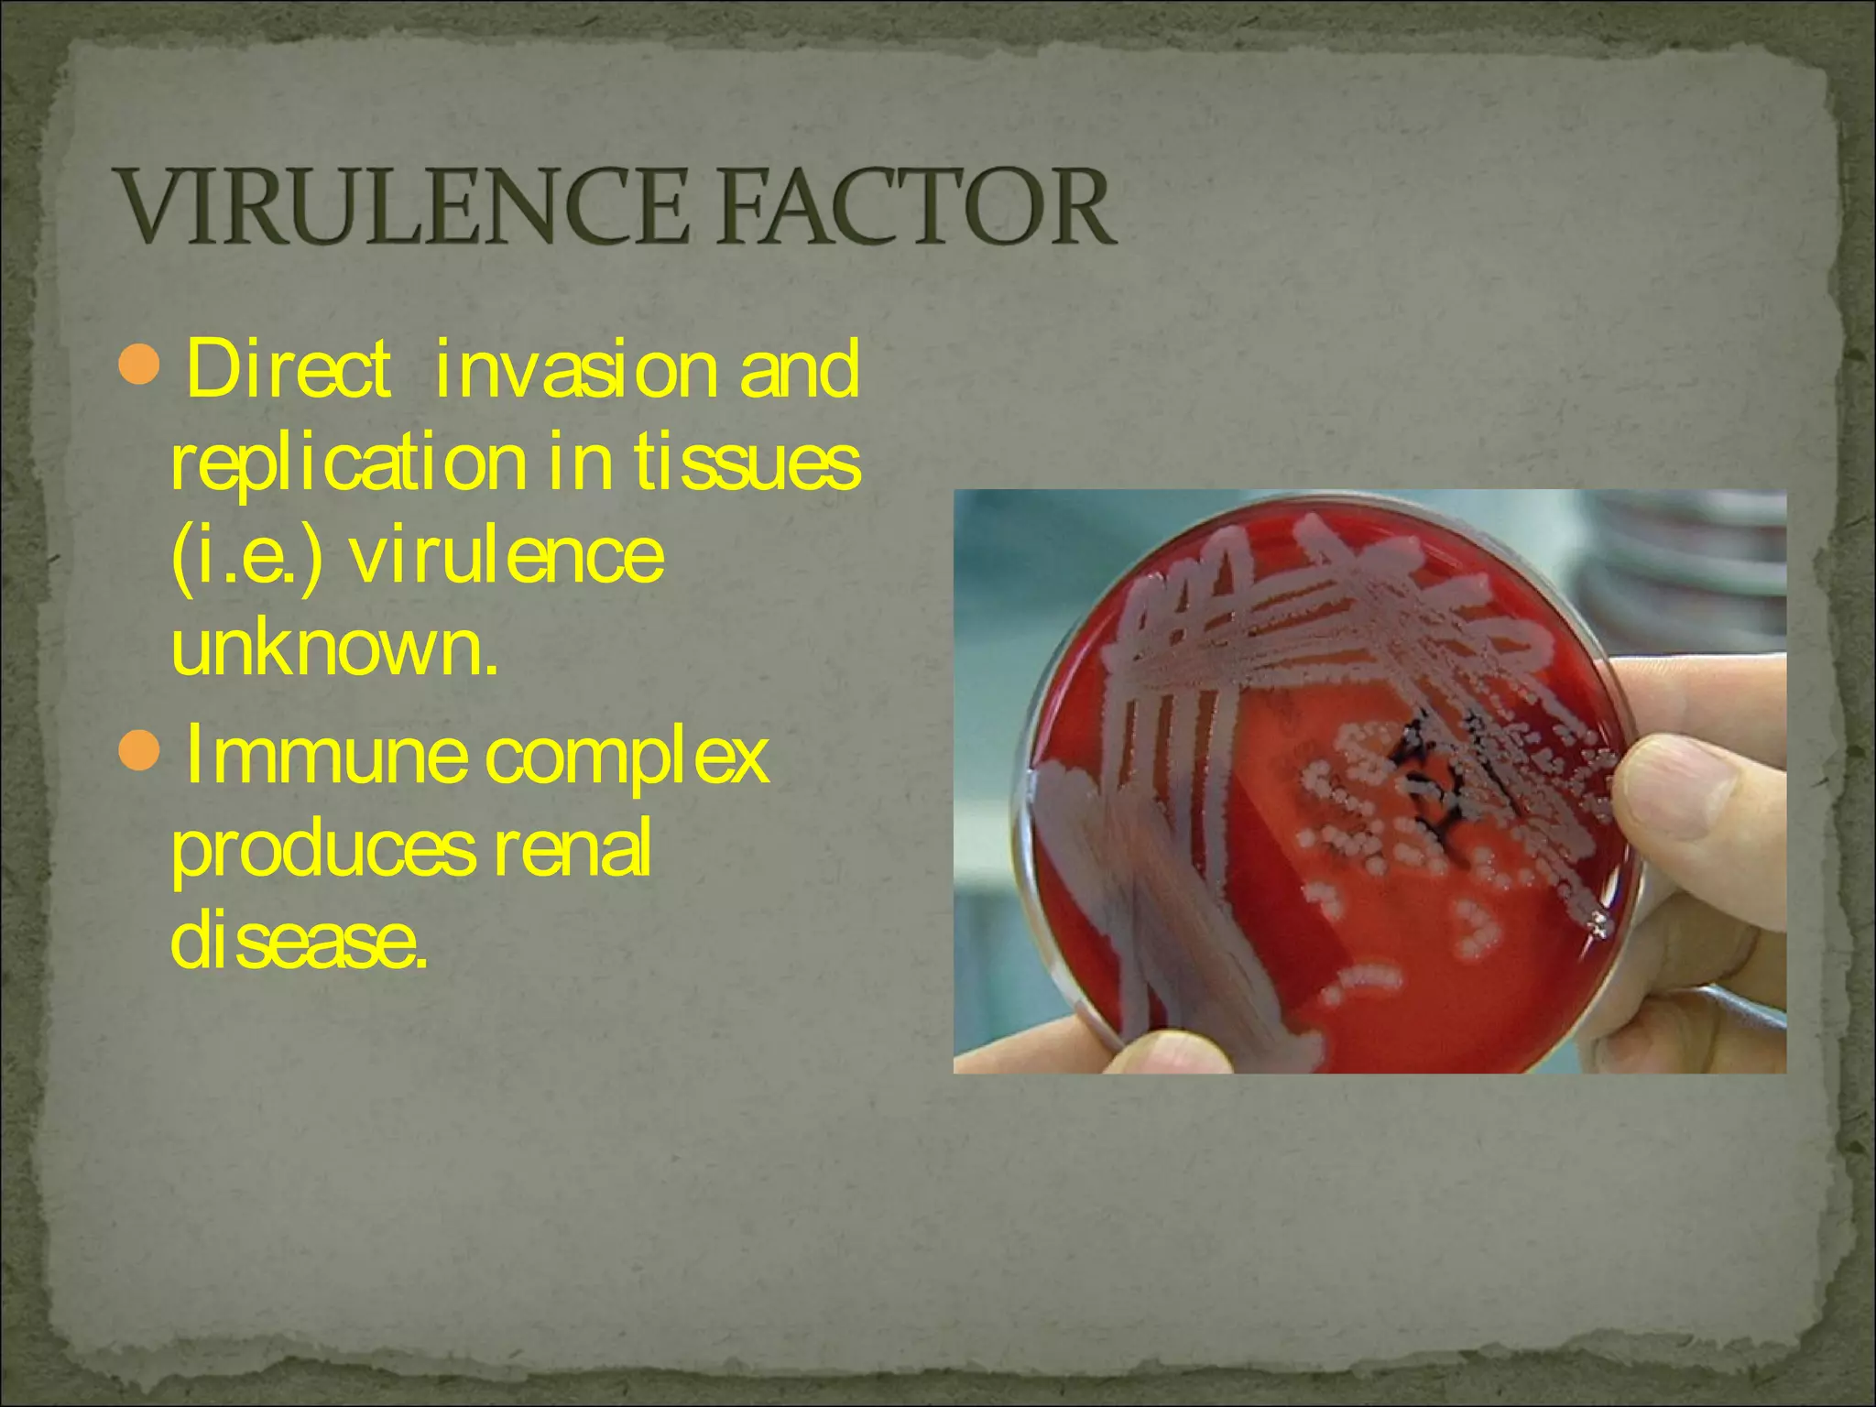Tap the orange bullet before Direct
pos(140,365)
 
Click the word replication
pos(348,465)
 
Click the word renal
pos(573,848)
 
